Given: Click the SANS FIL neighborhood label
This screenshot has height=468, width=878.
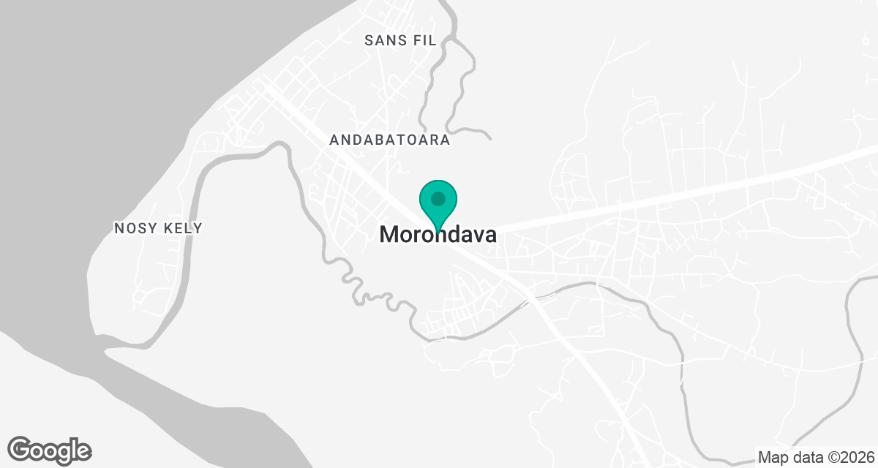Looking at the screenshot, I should (400, 40).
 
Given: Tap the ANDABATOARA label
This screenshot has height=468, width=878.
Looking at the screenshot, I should (389, 140).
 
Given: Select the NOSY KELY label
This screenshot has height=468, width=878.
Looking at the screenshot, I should (158, 229).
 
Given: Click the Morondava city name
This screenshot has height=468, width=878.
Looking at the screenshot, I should (438, 235).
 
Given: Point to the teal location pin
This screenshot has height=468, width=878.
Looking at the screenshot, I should (438, 205).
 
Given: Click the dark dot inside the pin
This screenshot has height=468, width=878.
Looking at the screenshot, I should (438, 198).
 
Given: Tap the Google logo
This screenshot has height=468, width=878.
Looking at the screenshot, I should (49, 450).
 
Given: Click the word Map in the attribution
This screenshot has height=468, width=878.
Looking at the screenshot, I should (773, 458).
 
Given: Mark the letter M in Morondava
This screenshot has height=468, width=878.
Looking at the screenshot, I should (391, 235).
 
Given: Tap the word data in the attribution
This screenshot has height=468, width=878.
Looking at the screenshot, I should (806, 458).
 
